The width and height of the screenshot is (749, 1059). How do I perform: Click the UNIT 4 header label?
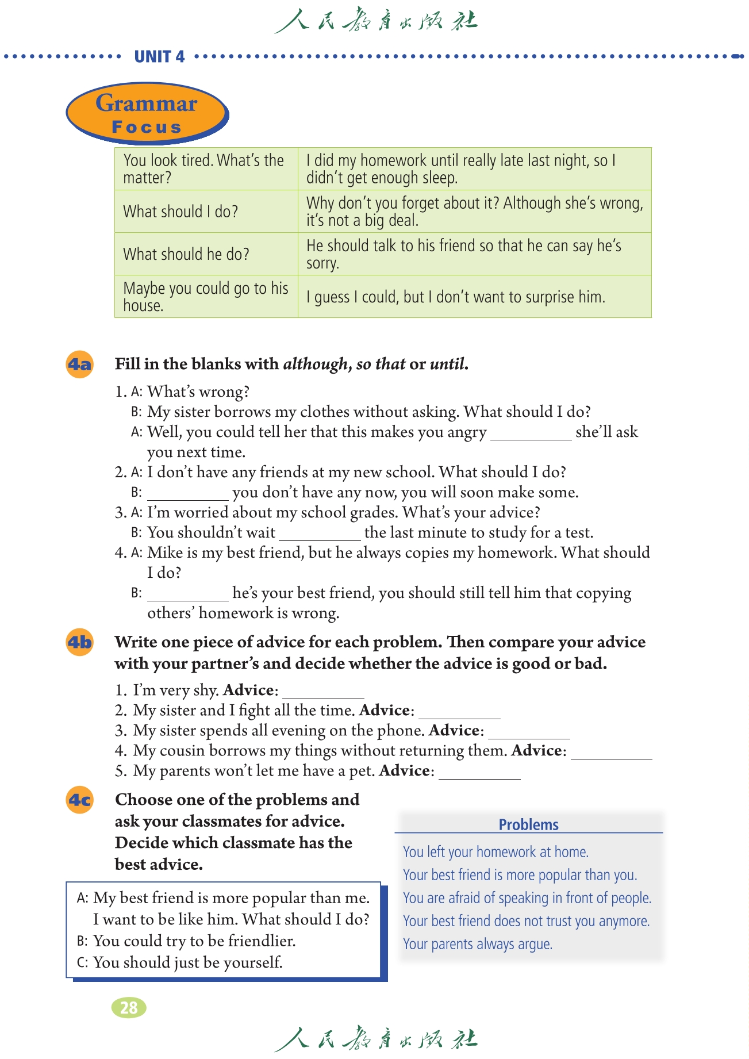[x=159, y=56]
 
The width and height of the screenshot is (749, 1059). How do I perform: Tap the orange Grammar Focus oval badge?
[x=147, y=113]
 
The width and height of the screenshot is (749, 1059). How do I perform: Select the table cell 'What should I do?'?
[x=180, y=212]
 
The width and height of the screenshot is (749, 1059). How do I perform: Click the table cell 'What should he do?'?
[x=186, y=254]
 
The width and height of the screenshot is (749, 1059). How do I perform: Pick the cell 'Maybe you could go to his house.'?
[x=206, y=297]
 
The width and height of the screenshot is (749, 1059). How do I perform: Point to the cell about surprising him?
[x=455, y=297]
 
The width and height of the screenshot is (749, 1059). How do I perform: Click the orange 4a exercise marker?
[x=80, y=364]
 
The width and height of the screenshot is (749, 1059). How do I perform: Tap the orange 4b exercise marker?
[x=80, y=642]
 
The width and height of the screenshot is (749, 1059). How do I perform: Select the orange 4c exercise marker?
[x=80, y=800]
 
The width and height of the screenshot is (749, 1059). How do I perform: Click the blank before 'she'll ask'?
[x=531, y=434]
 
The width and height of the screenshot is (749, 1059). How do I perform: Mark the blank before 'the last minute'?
[x=320, y=535]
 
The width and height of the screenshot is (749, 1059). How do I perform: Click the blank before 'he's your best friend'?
[x=188, y=595]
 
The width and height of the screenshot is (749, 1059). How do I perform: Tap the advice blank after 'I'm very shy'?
[x=324, y=693]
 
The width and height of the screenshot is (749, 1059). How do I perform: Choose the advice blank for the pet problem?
[x=479, y=773]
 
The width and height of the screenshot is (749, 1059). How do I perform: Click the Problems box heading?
[x=528, y=824]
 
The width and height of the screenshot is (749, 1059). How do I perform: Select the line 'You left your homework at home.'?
[x=496, y=852]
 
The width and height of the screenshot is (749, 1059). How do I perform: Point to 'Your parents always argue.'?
[x=477, y=944]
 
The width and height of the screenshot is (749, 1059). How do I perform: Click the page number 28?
[x=129, y=1007]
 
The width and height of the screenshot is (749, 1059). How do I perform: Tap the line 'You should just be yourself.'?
[x=188, y=962]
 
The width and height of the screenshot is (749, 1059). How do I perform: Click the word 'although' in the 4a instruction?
[x=316, y=364]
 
